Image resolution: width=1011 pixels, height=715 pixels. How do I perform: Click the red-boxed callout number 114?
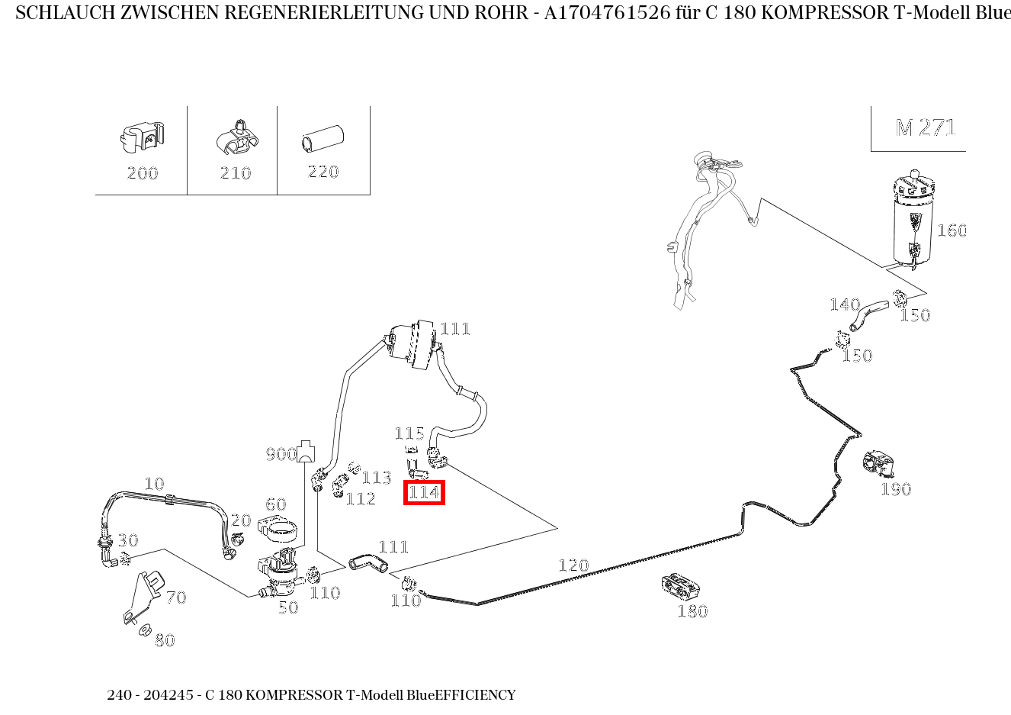424,492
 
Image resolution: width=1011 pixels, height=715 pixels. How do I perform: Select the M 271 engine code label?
926,128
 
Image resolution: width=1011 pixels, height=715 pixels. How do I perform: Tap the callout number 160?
952,230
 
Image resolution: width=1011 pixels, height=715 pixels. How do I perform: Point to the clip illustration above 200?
142,137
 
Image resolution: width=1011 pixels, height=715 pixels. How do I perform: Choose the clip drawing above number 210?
237,138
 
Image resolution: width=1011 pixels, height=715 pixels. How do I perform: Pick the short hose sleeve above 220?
323,138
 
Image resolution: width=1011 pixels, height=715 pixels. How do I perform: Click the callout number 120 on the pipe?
573,565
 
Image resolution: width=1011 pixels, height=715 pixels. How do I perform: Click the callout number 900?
281,454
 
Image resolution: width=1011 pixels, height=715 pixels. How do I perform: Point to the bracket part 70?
143,597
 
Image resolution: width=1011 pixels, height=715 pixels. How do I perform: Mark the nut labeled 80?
145,630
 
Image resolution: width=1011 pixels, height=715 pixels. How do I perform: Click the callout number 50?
288,607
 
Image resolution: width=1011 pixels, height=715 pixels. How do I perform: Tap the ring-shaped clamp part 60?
278,529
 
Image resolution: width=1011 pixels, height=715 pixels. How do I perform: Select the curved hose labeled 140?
869,316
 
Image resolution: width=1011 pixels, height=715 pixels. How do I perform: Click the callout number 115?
409,433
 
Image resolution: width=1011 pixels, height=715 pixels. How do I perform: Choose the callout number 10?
154,485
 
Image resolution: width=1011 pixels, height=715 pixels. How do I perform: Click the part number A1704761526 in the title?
607,13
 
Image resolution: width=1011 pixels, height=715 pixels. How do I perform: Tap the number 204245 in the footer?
168,695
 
